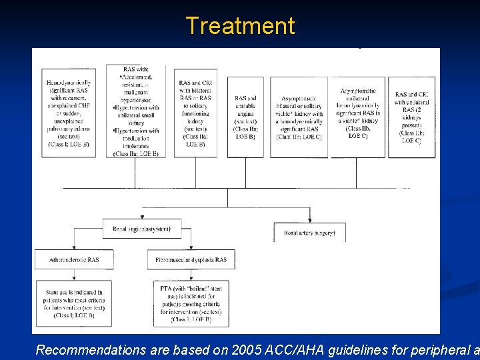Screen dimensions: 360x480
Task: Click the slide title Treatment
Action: click(x=240, y=25)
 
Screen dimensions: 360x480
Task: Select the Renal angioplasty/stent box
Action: click(x=142, y=229)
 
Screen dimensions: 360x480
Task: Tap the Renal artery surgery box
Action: click(x=309, y=232)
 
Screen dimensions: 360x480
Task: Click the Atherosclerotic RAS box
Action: click(x=74, y=259)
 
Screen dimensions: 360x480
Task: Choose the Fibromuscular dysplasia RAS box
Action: click(x=191, y=259)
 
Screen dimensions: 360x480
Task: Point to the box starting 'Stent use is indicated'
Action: click(x=75, y=303)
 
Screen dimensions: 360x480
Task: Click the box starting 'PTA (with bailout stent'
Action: click(x=191, y=303)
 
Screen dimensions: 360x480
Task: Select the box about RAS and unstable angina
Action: click(x=245, y=117)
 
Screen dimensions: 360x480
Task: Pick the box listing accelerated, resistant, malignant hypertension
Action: click(x=140, y=111)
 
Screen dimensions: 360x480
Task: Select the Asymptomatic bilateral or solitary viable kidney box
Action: click(x=299, y=117)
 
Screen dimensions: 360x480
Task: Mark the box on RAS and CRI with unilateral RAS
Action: click(x=411, y=117)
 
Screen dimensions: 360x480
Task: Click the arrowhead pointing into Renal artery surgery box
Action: click(x=309, y=220)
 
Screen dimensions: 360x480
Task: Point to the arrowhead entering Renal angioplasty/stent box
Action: click(x=142, y=217)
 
